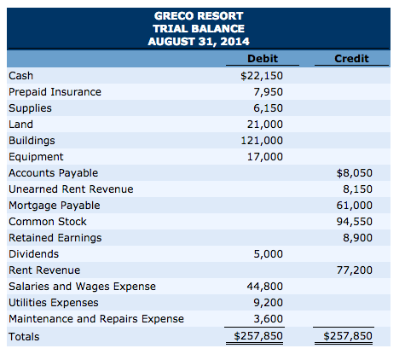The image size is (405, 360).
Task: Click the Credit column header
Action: pos(352,59)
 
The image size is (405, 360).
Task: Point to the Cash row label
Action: pos(21,76)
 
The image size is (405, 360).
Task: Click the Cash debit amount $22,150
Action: pos(262,76)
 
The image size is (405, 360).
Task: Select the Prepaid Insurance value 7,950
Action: pos(269,92)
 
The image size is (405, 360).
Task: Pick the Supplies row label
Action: pos(30,108)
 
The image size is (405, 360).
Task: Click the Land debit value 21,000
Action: pos(266,125)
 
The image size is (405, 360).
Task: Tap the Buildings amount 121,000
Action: pos(263,141)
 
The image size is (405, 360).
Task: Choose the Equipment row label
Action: pos(36,157)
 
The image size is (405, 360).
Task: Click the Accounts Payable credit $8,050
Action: pos(355,173)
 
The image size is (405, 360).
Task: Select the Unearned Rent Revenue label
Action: pos(71,189)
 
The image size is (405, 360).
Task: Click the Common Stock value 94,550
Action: pos(356,222)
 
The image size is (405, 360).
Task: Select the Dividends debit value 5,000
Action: pos(269,254)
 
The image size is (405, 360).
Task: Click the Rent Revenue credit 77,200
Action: pos(356,270)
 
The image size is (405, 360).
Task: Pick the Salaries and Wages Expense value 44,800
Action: pos(266,287)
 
